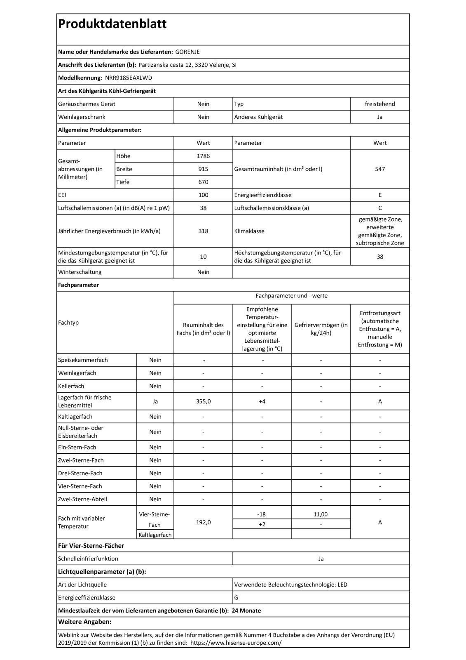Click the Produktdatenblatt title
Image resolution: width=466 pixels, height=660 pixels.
(112, 24)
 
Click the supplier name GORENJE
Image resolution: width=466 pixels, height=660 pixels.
(187, 52)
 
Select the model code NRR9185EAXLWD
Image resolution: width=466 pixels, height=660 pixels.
(129, 78)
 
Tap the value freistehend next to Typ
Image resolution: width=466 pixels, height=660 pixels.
(379, 104)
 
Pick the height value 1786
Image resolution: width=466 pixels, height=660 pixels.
(203, 156)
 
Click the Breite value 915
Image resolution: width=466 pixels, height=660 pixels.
(203, 169)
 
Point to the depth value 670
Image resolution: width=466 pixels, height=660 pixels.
(203, 182)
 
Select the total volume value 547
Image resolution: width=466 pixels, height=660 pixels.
(379, 169)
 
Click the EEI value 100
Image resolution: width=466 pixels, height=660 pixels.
(203, 195)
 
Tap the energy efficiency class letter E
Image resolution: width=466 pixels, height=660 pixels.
(379, 195)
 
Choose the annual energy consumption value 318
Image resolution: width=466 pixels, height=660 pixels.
(203, 231)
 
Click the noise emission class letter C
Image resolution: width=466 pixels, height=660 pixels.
(379, 208)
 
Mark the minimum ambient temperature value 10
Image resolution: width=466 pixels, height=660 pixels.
(203, 257)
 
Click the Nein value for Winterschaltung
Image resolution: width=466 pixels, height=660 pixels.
(203, 272)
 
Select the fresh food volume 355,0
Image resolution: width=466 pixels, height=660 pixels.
(203, 401)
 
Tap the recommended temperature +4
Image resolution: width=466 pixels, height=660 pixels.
(262, 401)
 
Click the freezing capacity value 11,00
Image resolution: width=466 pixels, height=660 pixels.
(321, 514)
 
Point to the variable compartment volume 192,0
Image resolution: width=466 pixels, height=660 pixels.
(203, 522)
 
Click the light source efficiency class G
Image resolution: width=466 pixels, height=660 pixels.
(236, 597)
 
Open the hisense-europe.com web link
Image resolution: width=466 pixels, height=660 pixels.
(236, 643)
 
